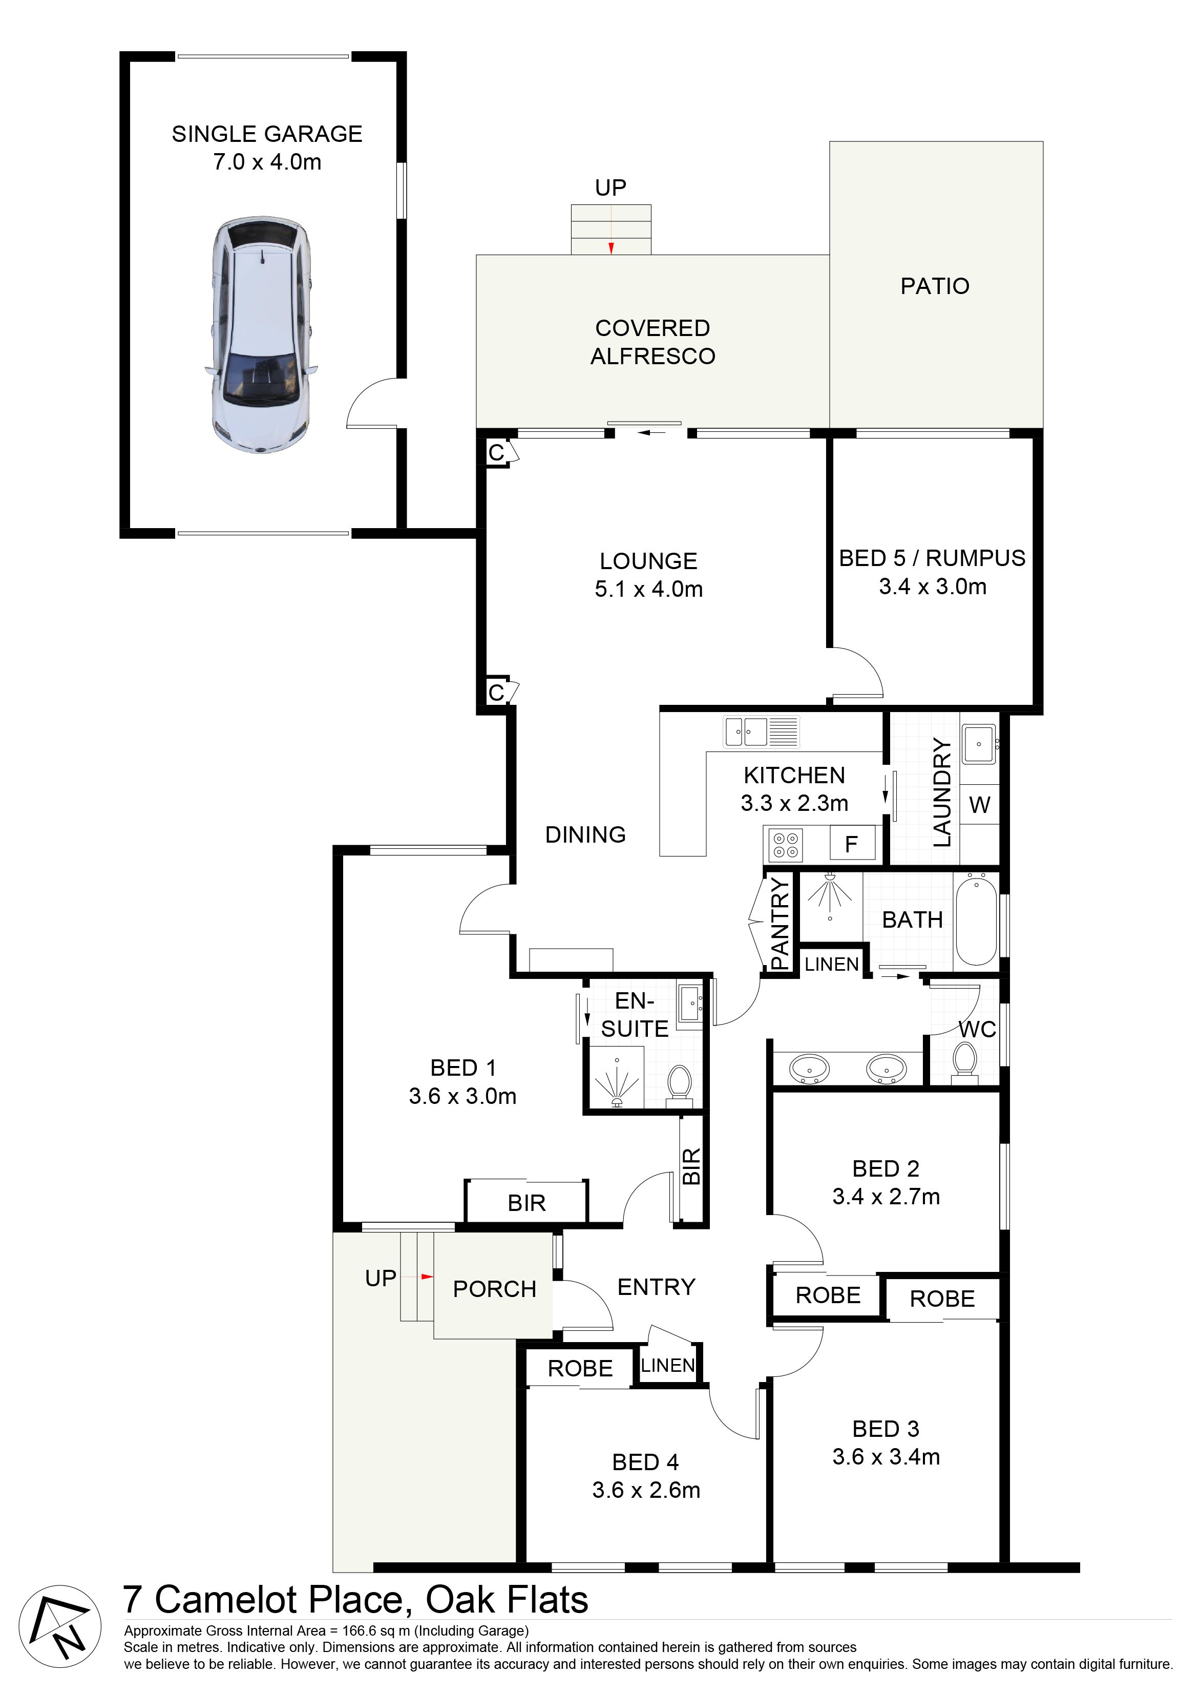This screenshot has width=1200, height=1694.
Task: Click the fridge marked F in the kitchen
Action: coord(851,844)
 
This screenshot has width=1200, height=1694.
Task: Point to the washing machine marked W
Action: coord(980,804)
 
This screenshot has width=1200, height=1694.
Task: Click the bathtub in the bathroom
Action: coord(976,919)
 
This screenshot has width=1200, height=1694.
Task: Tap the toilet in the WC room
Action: coord(965,1061)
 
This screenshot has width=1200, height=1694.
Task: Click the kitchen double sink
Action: coord(762,731)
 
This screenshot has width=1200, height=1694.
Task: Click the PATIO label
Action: coord(935,286)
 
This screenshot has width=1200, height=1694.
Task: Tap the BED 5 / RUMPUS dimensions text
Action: coord(933,587)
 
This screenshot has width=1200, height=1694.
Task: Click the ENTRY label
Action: coord(656,1287)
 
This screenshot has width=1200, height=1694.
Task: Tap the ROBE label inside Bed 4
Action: coord(580,1369)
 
